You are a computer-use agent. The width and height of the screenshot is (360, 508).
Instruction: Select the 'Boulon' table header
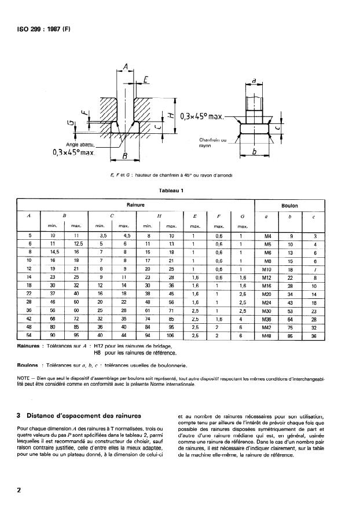click(289, 205)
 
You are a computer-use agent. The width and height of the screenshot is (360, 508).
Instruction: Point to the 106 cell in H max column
click(171, 335)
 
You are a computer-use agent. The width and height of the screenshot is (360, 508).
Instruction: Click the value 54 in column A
click(30, 335)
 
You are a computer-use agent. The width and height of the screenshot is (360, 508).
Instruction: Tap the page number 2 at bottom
click(20, 491)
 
